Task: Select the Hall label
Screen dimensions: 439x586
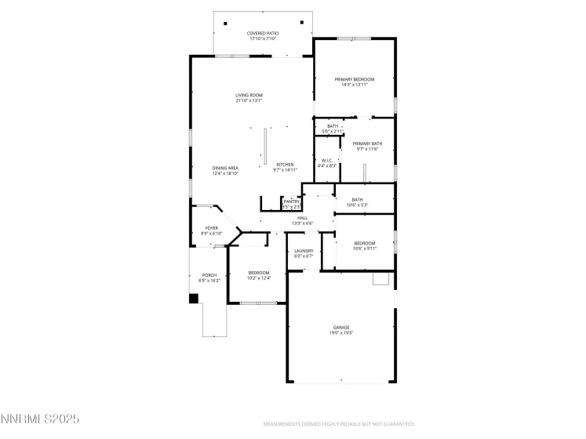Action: tap(302, 220)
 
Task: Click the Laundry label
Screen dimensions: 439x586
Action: tap(304, 253)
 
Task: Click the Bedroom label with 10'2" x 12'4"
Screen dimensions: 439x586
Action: tap(258, 274)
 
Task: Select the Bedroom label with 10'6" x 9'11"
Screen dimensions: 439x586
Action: tap(365, 245)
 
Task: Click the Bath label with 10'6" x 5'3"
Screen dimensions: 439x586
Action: tap(358, 202)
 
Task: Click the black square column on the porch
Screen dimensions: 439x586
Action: tap(194, 299)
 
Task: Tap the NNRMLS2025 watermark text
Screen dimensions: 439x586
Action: tap(40, 421)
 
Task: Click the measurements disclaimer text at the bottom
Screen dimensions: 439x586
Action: tap(338, 423)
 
